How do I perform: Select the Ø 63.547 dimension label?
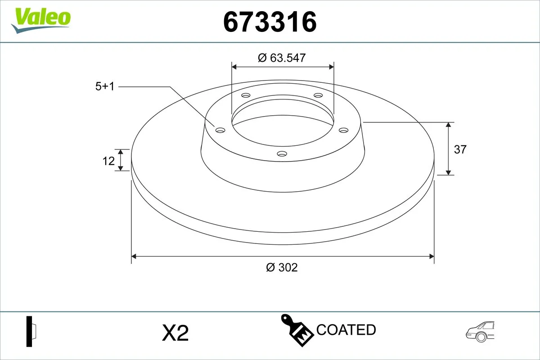click(x=282, y=58)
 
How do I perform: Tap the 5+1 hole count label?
click(x=105, y=87)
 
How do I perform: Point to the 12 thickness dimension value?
click(x=108, y=161)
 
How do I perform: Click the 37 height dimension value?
click(x=460, y=149)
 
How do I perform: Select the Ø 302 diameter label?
click(x=282, y=267)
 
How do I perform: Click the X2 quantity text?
click(x=175, y=333)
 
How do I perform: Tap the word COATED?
click(x=346, y=330)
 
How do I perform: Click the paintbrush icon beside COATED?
click(x=297, y=331)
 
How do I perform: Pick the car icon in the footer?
click(x=480, y=332)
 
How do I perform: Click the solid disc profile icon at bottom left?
click(x=31, y=332)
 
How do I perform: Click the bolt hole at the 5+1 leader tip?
click(x=220, y=130)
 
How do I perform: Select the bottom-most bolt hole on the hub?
click(x=282, y=154)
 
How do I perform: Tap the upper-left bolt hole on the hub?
click(x=246, y=95)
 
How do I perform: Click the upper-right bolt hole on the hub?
click(x=319, y=95)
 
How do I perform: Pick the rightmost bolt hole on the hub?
click(x=344, y=130)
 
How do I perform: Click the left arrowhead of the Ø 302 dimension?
click(x=134, y=256)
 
